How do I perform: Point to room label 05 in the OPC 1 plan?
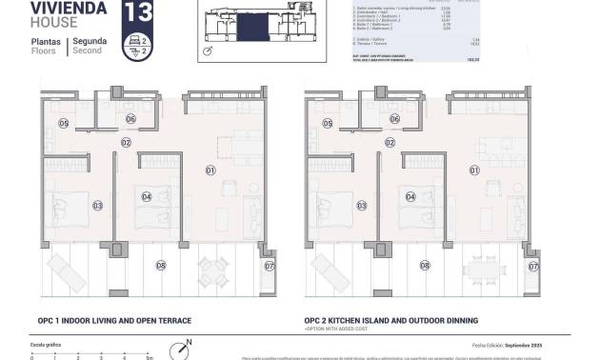[64, 123]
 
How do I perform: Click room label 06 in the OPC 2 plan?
[130, 119]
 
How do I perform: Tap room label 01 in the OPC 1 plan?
[210, 170]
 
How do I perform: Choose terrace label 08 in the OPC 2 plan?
[425, 266]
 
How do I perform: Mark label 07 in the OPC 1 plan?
[269, 266]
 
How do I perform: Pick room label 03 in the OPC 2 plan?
[360, 205]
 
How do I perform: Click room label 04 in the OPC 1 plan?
[147, 197]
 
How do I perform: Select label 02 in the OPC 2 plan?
[390, 142]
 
